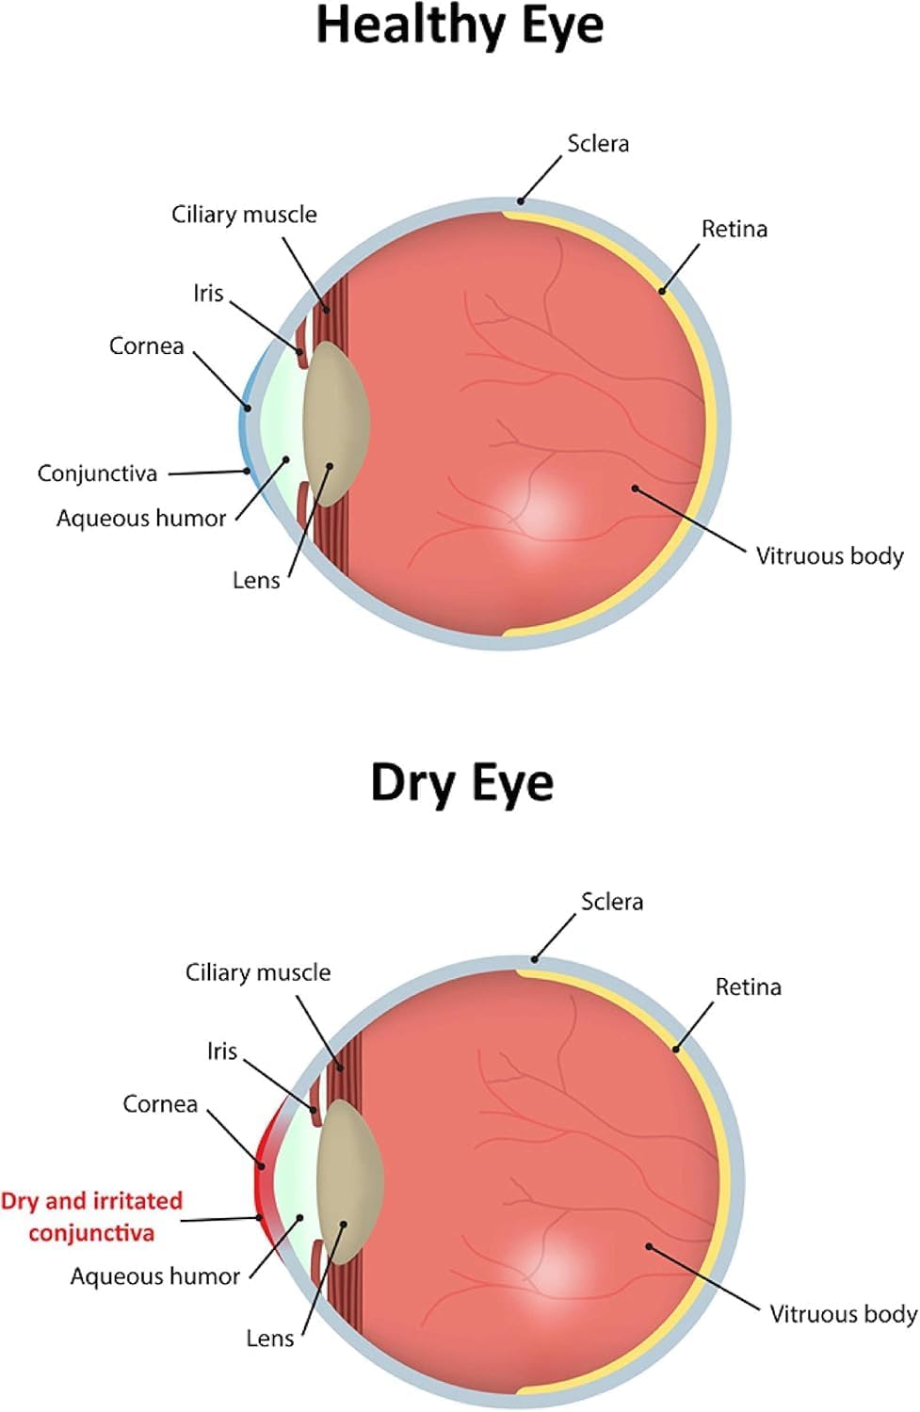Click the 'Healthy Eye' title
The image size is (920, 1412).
[x=460, y=27]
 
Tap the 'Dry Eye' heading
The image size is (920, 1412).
[x=462, y=783]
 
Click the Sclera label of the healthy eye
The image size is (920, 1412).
[x=598, y=144]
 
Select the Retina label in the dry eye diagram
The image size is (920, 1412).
[x=748, y=987]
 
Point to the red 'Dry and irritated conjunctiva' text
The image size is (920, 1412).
[x=91, y=1217]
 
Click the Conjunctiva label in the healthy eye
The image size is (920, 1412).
[x=97, y=473]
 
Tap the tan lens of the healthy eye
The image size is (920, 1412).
[x=335, y=424]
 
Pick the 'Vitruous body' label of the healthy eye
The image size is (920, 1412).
[x=830, y=556]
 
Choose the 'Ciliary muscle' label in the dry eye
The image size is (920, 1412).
[x=257, y=972]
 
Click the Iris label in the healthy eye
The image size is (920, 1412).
[x=208, y=293]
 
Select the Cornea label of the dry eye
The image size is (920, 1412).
[x=160, y=1104]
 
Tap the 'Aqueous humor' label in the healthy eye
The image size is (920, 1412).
[x=141, y=519]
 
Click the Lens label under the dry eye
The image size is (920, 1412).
[x=270, y=1339]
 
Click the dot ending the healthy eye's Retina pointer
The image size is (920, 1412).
[x=662, y=291]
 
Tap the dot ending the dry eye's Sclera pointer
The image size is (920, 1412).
[x=534, y=959]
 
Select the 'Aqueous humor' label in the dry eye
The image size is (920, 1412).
[x=155, y=1276]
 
